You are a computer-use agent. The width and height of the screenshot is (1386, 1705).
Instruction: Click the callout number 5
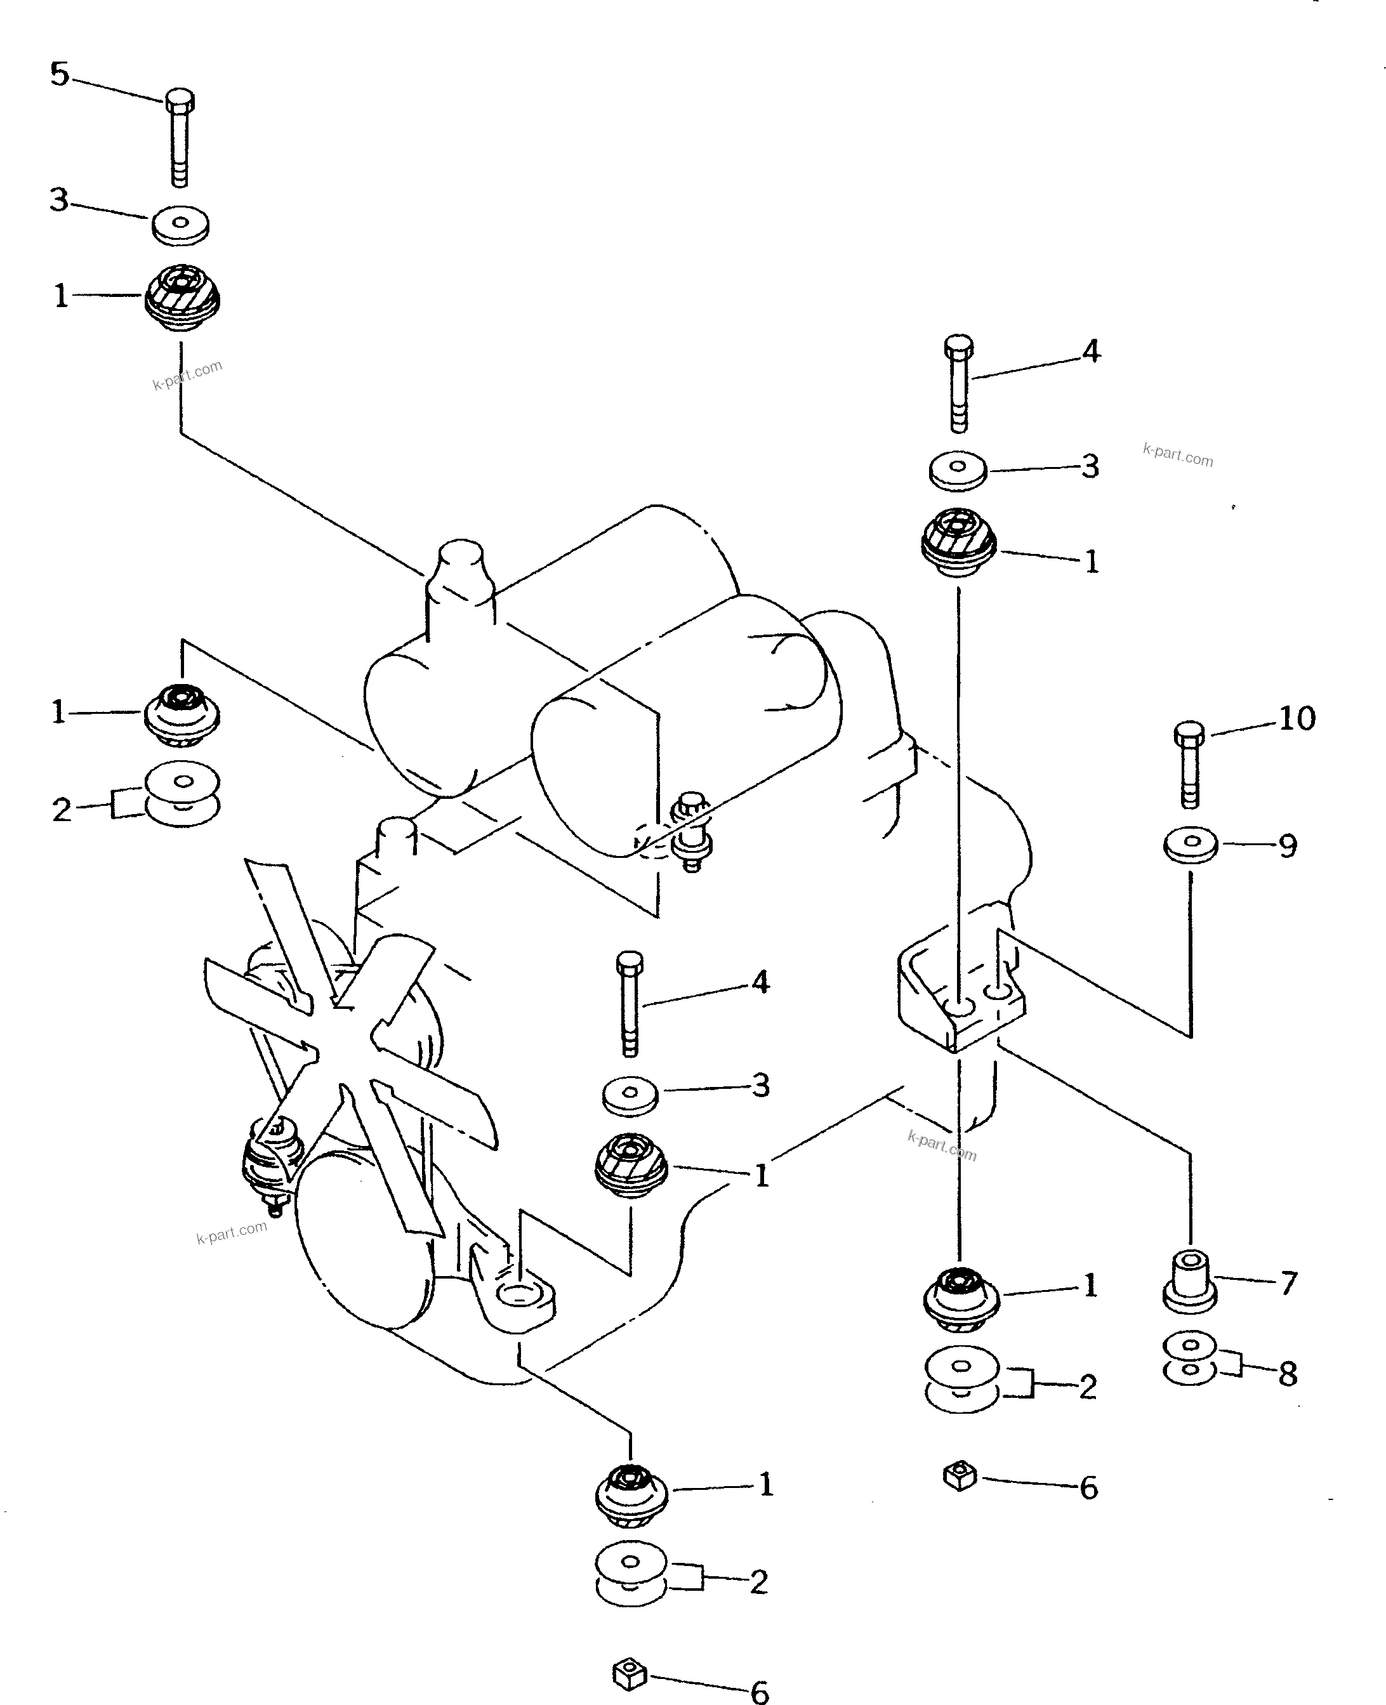pyautogui.click(x=60, y=74)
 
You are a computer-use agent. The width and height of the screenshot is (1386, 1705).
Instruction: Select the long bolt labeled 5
pyautogui.click(x=180, y=137)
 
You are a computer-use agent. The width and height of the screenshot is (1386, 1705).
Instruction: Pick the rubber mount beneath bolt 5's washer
pyautogui.click(x=182, y=300)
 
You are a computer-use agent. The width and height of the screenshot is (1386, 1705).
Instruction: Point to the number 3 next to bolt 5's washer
pyautogui.click(x=59, y=199)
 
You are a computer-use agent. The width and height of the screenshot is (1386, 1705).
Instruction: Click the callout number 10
pyautogui.click(x=1297, y=718)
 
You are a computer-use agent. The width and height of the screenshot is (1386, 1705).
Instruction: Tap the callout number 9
pyautogui.click(x=1288, y=846)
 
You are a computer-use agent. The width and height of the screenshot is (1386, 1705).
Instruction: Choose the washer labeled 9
pyautogui.click(x=1191, y=845)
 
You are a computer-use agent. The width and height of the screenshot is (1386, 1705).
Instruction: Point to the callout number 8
pyautogui.click(x=1288, y=1374)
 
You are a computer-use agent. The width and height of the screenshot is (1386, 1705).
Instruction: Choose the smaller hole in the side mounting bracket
pyautogui.click(x=999, y=991)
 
